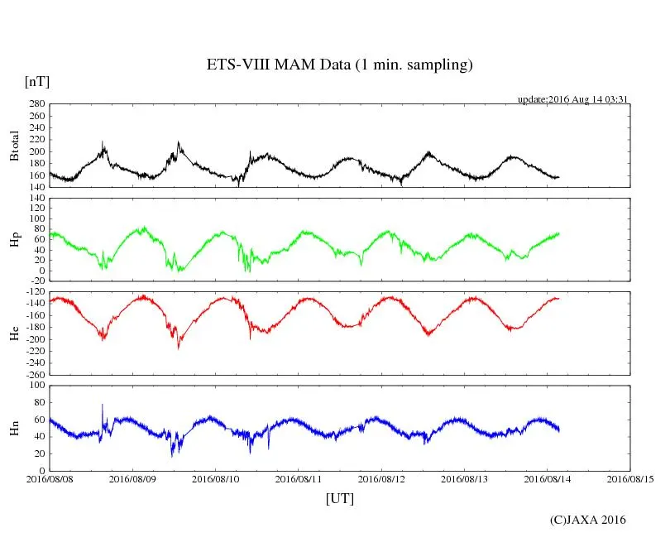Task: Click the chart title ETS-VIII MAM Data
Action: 339,65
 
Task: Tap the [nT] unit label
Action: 36,81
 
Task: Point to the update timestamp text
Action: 574,99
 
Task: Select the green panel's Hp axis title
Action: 15,239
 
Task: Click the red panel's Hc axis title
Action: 15,333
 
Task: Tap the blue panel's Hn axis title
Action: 15,428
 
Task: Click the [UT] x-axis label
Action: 340,498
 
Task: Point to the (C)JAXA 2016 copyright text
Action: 588,520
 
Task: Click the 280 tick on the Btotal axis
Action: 36,104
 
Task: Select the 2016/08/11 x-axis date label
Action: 299,478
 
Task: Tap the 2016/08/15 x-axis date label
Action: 630,478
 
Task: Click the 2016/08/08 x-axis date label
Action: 50,478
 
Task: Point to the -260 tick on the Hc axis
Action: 33,374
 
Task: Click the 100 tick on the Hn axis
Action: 36,385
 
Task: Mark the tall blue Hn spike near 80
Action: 102,405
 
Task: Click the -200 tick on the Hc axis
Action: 33,339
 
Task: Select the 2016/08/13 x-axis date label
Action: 465,478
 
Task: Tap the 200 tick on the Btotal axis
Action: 36,151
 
